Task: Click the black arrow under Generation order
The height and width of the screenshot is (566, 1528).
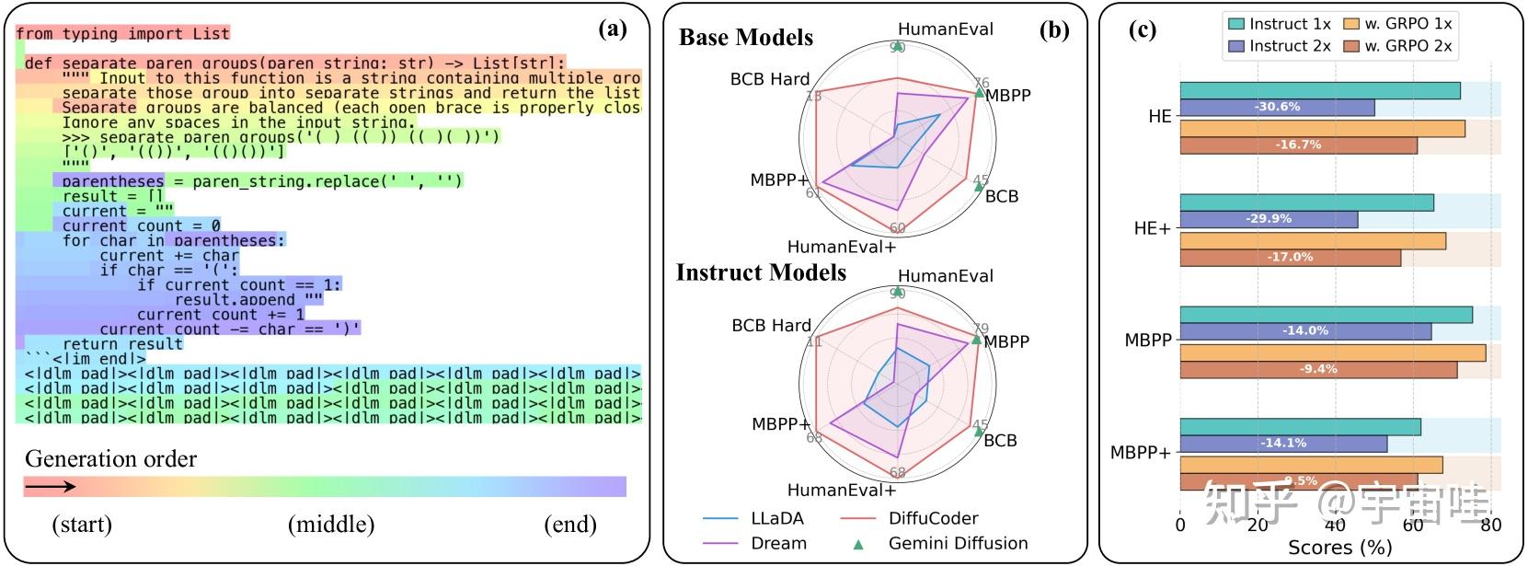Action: point(50,487)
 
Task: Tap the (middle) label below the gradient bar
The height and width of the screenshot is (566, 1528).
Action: point(331,525)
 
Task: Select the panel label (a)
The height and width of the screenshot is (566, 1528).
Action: point(613,29)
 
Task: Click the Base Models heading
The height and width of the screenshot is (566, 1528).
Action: point(746,38)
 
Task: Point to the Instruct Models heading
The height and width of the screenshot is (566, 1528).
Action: point(761,272)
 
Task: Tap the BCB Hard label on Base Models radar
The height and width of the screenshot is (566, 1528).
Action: point(770,79)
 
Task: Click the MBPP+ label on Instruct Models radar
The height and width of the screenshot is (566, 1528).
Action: point(781,424)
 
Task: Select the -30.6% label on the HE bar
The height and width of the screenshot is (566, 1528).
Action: point(1277,107)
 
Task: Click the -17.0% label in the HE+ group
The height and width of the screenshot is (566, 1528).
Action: point(1290,257)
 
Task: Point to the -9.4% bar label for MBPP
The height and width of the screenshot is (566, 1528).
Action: point(1318,369)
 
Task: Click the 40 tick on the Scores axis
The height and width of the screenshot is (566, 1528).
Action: point(1335,526)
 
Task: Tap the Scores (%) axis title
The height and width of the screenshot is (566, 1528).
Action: point(1339,548)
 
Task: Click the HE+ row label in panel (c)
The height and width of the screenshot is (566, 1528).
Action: point(1152,228)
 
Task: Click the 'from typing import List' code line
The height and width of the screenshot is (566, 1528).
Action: point(122,34)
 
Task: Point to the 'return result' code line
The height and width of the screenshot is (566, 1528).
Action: point(122,344)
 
